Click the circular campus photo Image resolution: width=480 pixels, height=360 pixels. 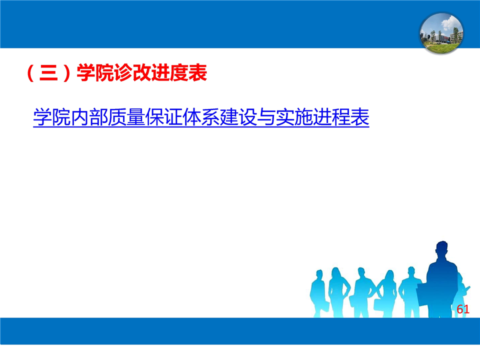(x=441, y=33)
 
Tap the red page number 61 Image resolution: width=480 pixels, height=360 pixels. (x=463, y=309)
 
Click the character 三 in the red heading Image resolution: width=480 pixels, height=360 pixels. (x=48, y=73)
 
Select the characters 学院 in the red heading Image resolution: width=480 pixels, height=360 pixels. (x=95, y=73)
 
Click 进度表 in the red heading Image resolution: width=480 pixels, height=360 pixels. (x=179, y=73)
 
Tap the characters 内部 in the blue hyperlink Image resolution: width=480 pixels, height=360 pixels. (x=89, y=117)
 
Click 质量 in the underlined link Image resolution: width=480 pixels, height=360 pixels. (x=126, y=117)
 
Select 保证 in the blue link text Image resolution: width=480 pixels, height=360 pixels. (x=164, y=117)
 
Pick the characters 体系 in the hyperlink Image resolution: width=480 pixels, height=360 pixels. (x=201, y=117)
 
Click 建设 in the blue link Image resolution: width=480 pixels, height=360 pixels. (x=239, y=117)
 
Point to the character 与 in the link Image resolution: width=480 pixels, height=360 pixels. (x=266, y=117)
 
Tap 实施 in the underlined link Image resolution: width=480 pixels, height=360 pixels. (x=295, y=117)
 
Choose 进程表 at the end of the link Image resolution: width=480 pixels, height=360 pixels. (x=341, y=117)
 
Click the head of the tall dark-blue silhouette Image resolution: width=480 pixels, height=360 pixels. (x=442, y=249)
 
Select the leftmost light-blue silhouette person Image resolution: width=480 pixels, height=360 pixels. (x=318, y=292)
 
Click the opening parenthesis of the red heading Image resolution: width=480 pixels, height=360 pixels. (x=30, y=73)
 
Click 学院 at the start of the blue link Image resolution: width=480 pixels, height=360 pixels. (x=52, y=117)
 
